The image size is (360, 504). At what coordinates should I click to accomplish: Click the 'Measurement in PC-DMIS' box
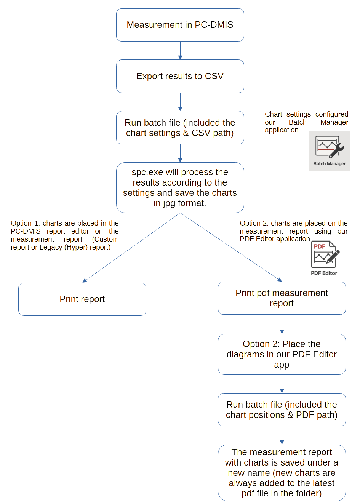click(180, 25)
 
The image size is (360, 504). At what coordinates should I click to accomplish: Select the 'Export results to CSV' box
click(180, 76)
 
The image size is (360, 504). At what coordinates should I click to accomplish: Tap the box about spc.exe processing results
click(180, 187)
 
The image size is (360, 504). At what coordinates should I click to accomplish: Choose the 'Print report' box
click(82, 299)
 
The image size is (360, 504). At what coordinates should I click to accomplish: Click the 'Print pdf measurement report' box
click(282, 298)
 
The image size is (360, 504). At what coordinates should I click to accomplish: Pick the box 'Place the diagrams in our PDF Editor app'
click(282, 354)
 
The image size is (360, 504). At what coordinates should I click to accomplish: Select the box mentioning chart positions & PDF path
click(282, 410)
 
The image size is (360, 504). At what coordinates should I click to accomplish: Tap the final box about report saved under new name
click(282, 473)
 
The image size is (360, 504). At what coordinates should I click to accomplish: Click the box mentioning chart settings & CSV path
click(180, 128)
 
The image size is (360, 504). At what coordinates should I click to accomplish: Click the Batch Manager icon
click(329, 147)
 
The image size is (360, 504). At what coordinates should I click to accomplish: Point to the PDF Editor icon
click(325, 255)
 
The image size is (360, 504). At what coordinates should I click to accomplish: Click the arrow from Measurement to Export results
click(180, 50)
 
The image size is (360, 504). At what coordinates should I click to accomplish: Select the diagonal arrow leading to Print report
click(131, 248)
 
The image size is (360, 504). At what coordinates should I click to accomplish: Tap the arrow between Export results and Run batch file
click(180, 102)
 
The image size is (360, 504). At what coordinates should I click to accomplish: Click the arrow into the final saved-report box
click(282, 435)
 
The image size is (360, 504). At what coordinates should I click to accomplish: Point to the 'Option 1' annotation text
click(65, 235)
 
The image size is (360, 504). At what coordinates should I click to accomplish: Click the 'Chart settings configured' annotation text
click(306, 122)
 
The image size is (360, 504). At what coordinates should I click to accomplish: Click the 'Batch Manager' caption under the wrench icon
click(330, 164)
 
